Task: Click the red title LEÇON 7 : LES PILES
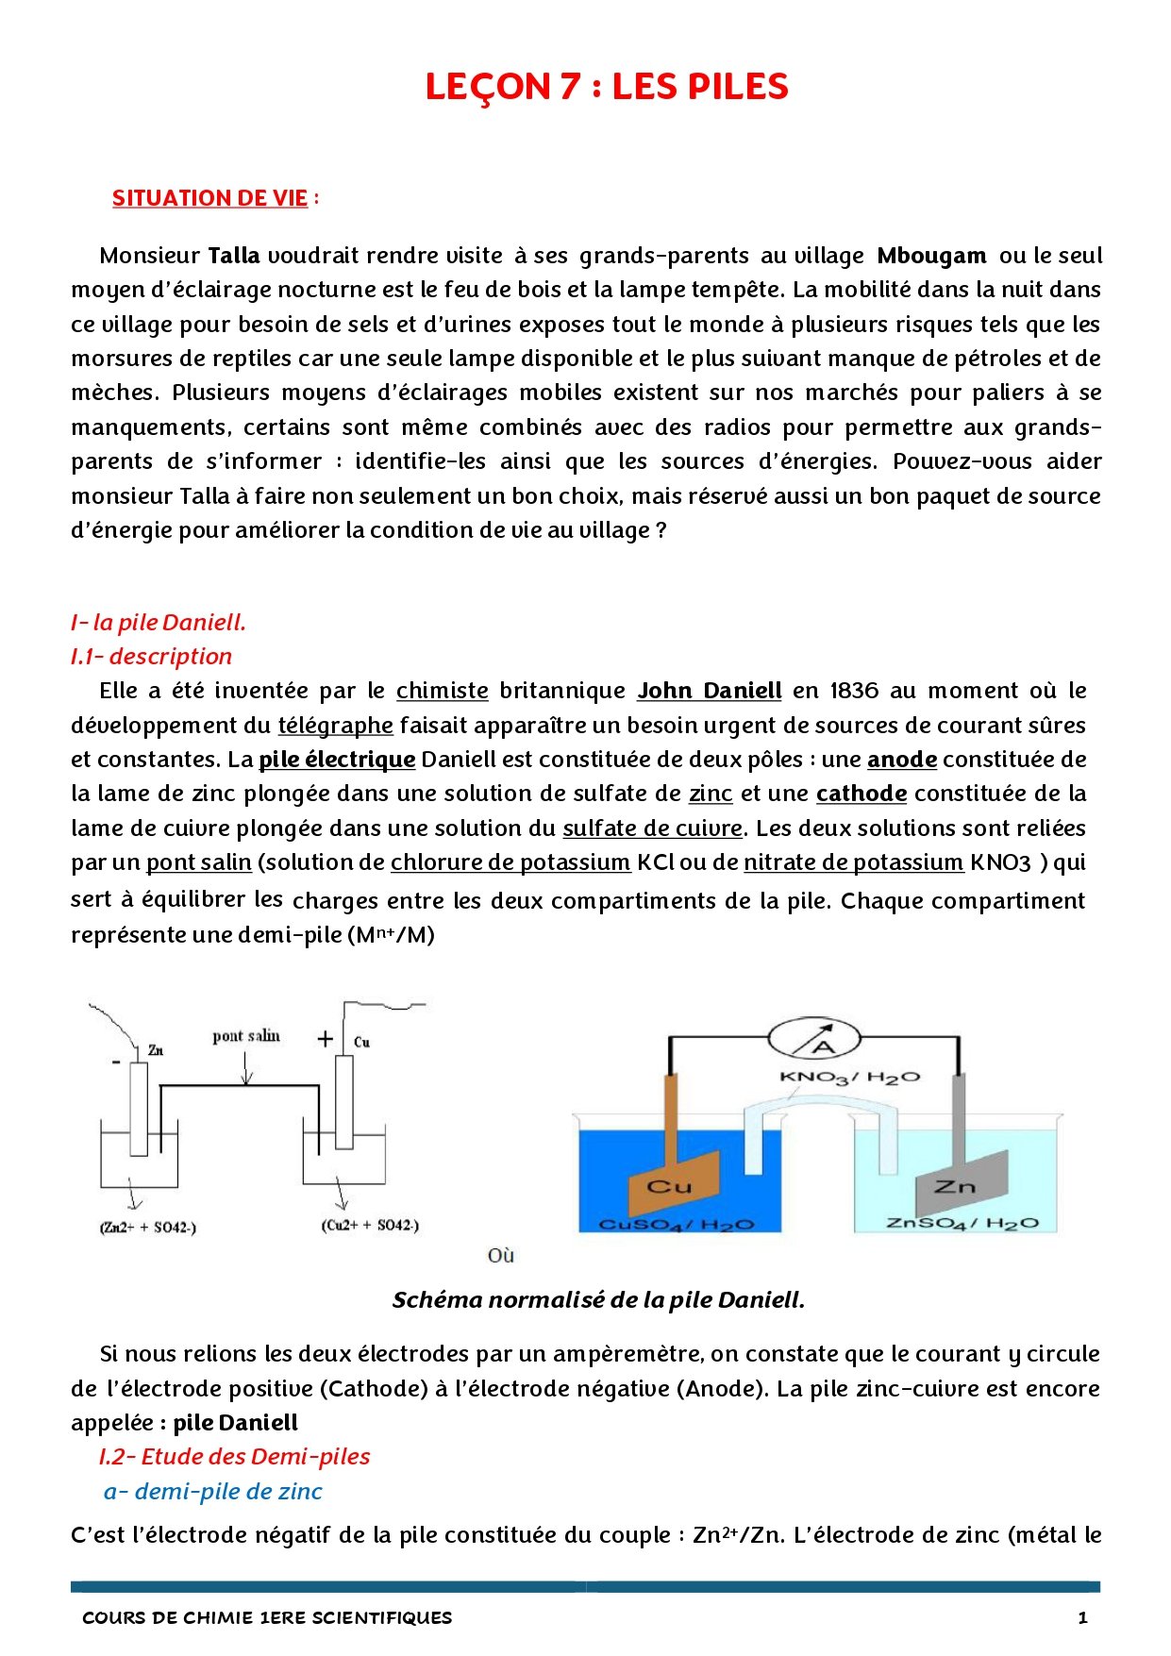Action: coord(606,87)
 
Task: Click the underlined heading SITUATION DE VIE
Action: coord(209,198)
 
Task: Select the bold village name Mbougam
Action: coord(931,256)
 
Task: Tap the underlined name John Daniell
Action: coord(710,691)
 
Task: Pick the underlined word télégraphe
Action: coord(335,726)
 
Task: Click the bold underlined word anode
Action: coord(901,760)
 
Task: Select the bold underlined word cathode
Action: coord(862,794)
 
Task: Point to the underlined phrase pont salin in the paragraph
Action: coord(199,862)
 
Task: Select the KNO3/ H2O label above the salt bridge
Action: coord(849,1077)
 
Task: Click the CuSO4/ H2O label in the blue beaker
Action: coord(677,1224)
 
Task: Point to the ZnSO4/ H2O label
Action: coord(962,1223)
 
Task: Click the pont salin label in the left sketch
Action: coord(245,1036)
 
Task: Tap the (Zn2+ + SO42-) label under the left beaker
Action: coord(147,1228)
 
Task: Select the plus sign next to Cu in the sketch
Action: coord(326,1039)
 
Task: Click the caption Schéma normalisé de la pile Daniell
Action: coord(598,1300)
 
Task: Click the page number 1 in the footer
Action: coord(1082,1617)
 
